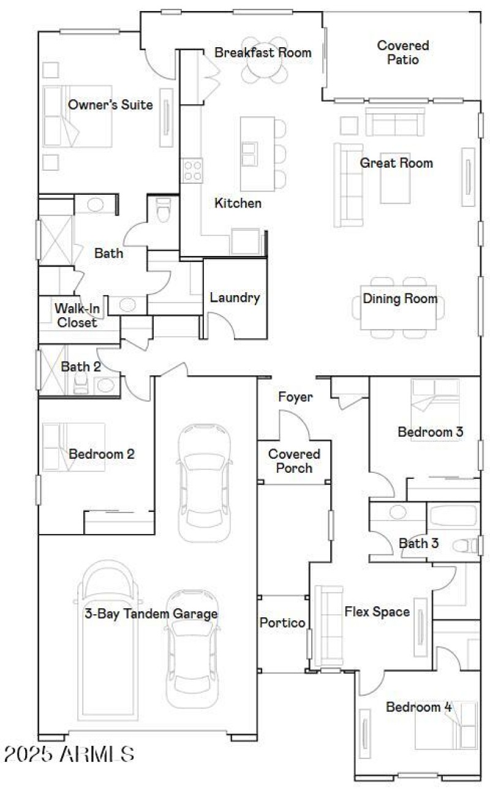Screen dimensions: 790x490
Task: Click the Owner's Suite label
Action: [x=110, y=105]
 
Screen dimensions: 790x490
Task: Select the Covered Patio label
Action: [x=403, y=52]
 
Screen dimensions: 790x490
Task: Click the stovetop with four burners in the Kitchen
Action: [x=192, y=170]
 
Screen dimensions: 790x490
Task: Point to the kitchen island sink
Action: [x=249, y=153]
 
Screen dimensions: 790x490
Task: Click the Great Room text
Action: [x=396, y=163]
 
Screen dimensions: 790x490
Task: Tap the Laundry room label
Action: [x=235, y=298]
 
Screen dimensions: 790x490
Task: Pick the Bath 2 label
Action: [x=81, y=367]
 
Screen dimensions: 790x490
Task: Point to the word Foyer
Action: [x=295, y=397]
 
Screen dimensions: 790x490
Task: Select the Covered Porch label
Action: [x=294, y=461]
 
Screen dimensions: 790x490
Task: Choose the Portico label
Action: [x=283, y=623]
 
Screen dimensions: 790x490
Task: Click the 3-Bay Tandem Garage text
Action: [x=151, y=613]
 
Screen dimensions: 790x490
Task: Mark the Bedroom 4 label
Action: [x=418, y=707]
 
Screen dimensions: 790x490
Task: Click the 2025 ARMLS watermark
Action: [x=69, y=754]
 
